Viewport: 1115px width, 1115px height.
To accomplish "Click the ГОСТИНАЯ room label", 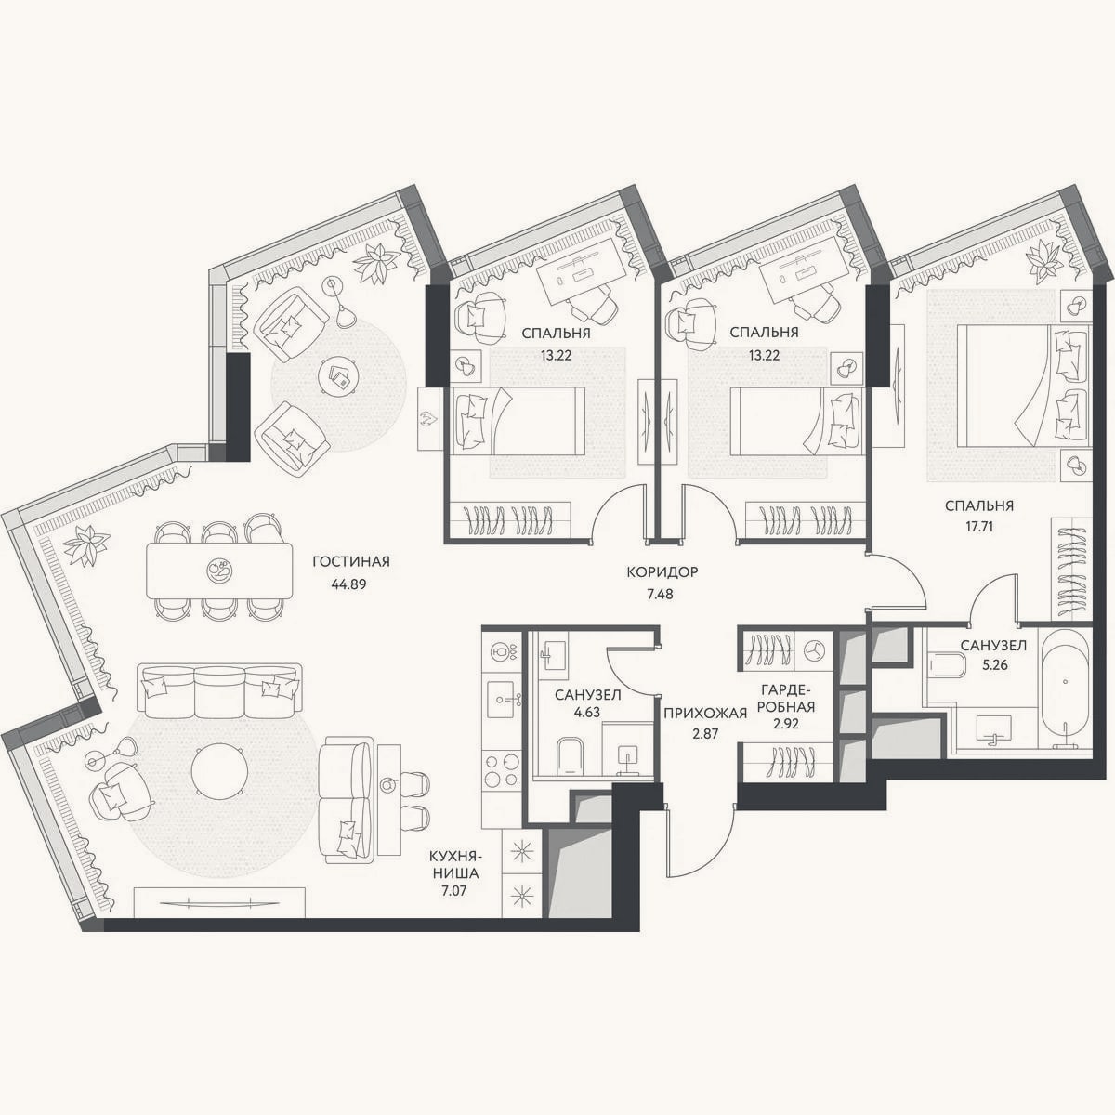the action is [x=351, y=561].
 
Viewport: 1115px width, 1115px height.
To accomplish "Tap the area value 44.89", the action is [x=349, y=584].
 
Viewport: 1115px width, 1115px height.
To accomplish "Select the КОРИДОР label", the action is [x=662, y=572].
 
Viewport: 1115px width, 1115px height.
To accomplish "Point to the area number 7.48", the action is [x=660, y=595].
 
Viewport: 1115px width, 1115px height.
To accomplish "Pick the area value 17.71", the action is [x=979, y=527].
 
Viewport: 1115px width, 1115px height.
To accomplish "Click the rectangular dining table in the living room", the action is [x=219, y=571].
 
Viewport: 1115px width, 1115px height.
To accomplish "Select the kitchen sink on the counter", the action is [x=503, y=699].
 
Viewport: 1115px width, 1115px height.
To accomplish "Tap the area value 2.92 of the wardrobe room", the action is [x=787, y=723].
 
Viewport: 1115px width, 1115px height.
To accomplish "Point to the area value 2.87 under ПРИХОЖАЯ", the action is [x=706, y=734].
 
